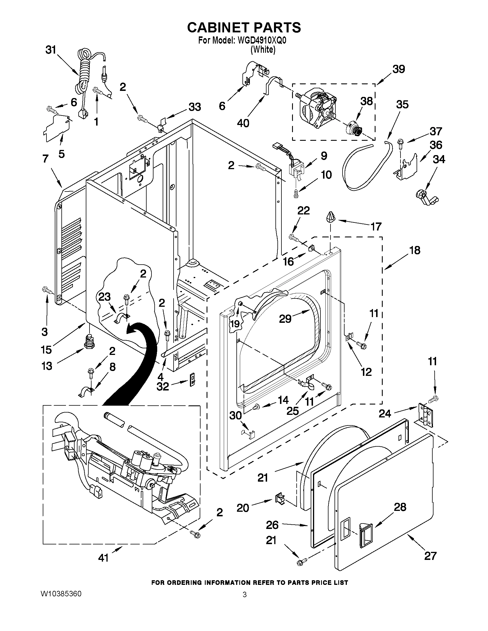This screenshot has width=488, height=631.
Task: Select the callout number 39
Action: pyautogui.click(x=399, y=69)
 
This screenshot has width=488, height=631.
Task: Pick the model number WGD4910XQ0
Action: pyautogui.click(x=262, y=40)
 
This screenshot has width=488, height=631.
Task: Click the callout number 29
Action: pyautogui.click(x=285, y=319)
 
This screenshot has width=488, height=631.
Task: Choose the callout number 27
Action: pyautogui.click(x=430, y=556)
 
